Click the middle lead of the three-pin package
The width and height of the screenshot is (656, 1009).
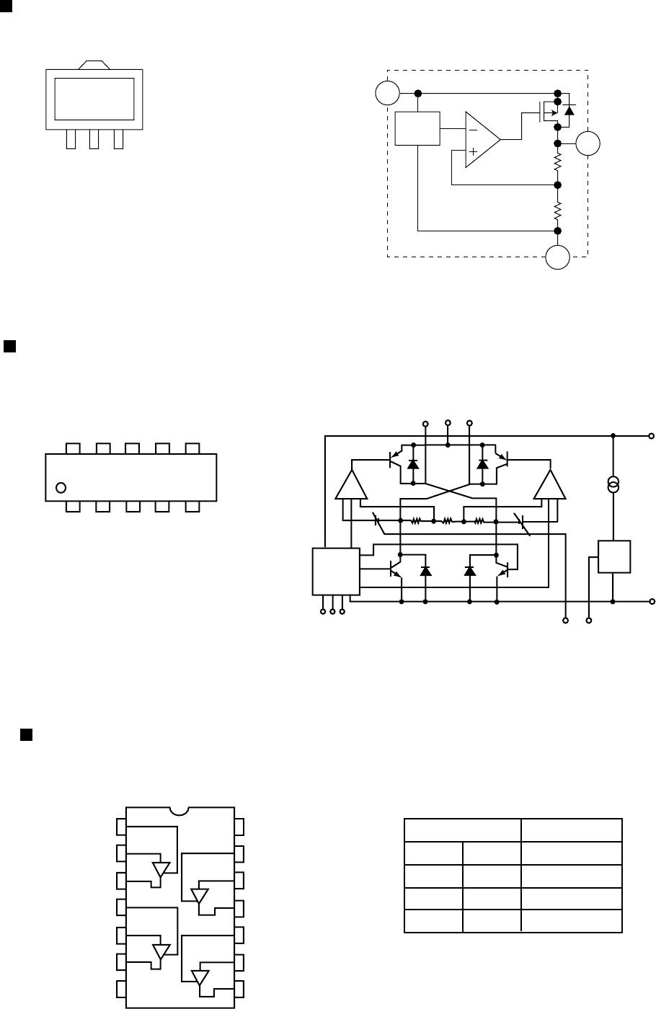coord(94,140)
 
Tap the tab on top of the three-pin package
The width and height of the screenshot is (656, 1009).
coord(95,64)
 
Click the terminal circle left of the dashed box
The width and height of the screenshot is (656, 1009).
coord(388,94)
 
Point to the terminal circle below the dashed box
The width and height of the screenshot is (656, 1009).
coord(557,257)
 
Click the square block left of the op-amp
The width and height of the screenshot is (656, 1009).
coord(417,128)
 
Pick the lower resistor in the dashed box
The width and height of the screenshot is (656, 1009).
coord(558,210)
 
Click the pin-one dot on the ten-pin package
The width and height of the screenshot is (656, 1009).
coord(61,487)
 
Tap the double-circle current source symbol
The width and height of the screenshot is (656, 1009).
coord(613,484)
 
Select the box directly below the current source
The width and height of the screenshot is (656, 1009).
coord(614,557)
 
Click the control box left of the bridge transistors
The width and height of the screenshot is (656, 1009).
coord(335,571)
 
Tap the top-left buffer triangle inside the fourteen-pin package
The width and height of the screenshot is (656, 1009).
coord(160,869)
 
